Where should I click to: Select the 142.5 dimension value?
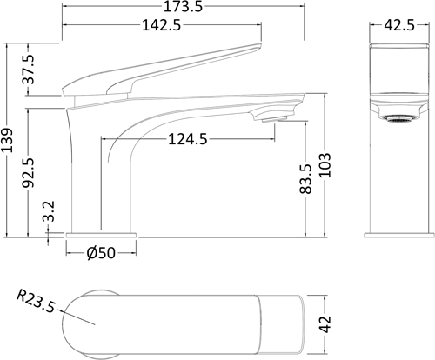coord(162,26)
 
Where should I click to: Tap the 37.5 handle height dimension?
coord(29,69)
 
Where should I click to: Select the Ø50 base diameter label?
coord(101,254)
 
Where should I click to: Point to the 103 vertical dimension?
coord(325,165)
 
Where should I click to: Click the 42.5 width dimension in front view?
coord(398,26)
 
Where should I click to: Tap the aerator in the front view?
coord(398,113)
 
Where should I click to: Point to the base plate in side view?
coord(101,233)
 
